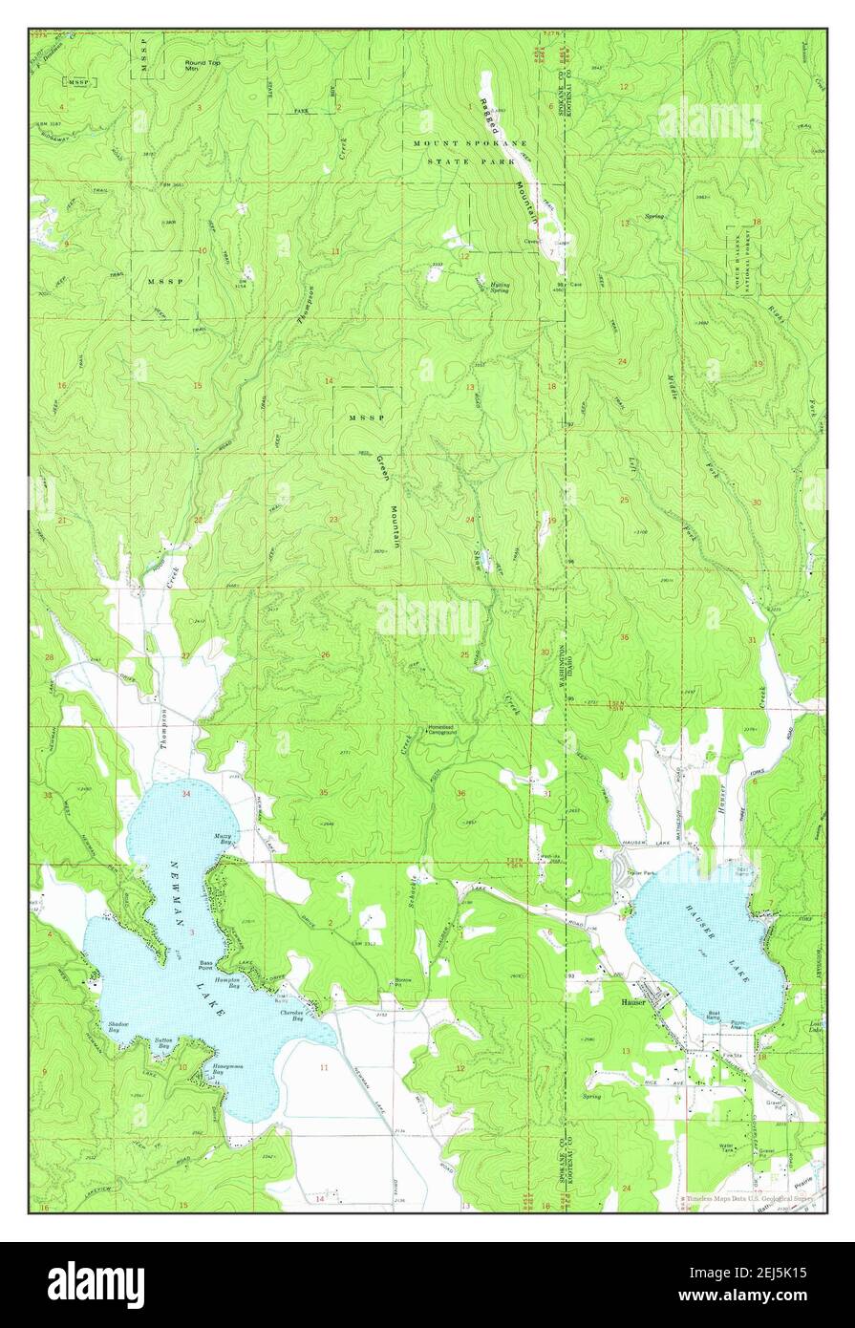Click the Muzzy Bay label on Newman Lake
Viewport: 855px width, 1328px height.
pyautogui.click(x=221, y=837)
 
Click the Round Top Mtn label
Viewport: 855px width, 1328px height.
pyautogui.click(x=199, y=66)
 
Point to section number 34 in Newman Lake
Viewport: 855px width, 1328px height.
pyautogui.click(x=186, y=794)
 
